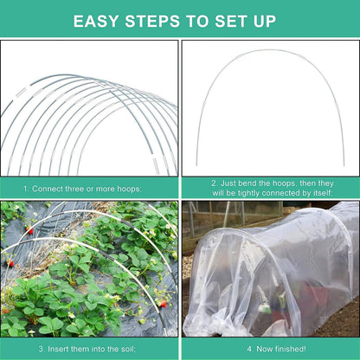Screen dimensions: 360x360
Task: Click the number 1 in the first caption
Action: pos(25,188)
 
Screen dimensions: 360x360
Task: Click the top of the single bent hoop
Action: pos(269,50)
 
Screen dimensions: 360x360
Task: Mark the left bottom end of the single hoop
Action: pos(197,164)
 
